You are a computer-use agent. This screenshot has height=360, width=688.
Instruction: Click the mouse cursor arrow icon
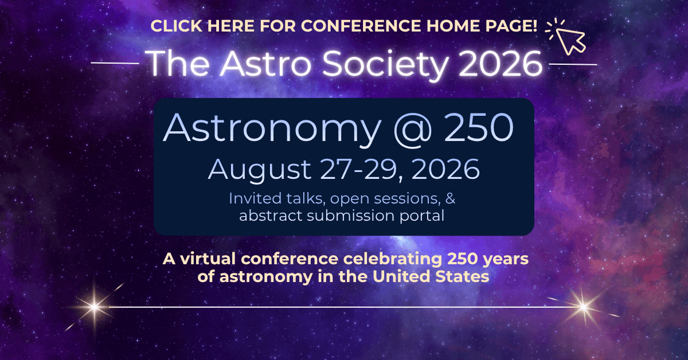point(570,41)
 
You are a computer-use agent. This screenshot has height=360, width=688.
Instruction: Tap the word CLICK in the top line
point(177,26)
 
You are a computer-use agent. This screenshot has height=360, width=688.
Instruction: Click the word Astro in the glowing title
point(265,64)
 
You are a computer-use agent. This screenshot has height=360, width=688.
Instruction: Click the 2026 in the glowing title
point(501,64)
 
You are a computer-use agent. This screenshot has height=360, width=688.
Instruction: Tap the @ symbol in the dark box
point(412,129)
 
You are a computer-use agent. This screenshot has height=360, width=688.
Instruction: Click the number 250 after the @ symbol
point(479,127)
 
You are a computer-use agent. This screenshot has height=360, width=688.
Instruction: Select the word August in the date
point(260,170)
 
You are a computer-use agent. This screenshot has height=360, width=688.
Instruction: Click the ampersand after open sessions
point(450,198)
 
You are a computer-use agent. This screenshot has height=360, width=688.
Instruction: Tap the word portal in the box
point(422,216)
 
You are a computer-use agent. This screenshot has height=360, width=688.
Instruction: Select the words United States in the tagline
point(431,276)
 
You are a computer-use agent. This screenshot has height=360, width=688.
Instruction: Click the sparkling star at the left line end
point(95,307)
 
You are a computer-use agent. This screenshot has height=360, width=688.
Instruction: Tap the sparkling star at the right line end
point(583,307)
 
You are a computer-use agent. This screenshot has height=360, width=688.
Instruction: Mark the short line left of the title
point(115,63)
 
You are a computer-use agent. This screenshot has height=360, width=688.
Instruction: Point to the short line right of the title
point(573,64)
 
